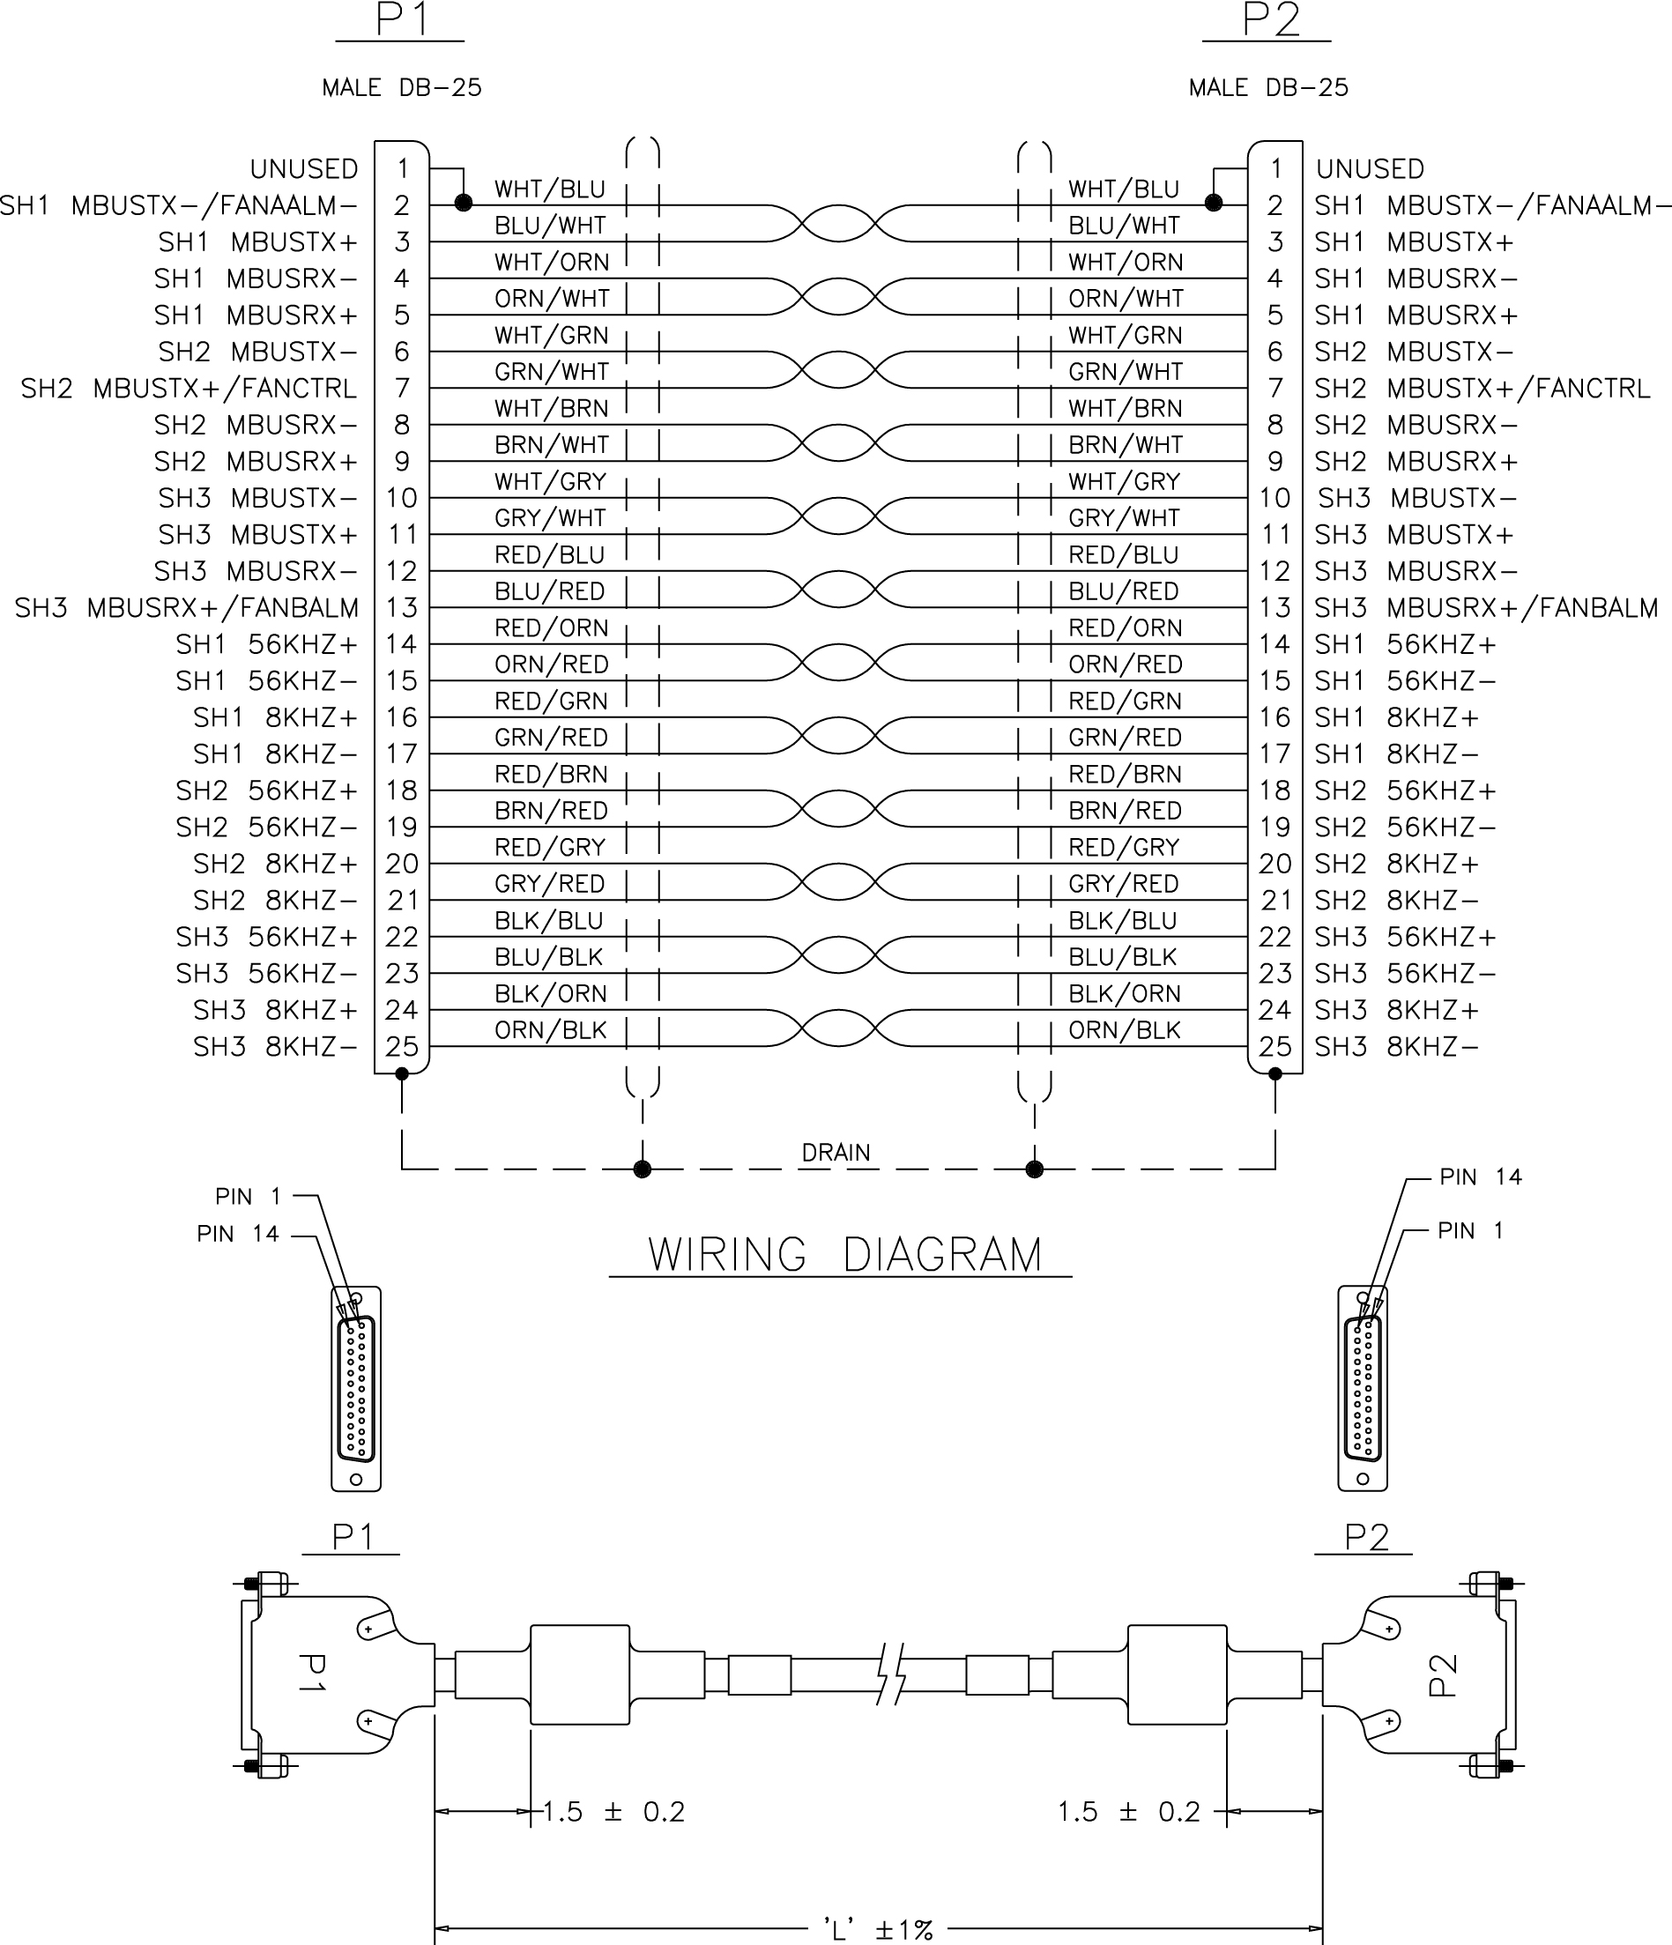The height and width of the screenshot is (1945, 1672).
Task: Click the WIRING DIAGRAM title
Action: pos(844,1255)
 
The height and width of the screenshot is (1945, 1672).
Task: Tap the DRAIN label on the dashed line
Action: pos(836,1152)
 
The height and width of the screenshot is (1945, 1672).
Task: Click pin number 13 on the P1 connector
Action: pos(402,607)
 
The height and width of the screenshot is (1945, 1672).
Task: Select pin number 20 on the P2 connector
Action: pos(1274,864)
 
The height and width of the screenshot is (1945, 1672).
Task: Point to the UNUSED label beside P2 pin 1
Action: pos(1370,169)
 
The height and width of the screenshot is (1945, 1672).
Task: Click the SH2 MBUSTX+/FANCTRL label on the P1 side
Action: pos(189,388)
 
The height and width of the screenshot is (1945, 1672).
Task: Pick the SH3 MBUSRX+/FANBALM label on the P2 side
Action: pos(1485,607)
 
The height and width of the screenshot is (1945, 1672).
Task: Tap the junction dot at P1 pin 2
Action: pos(463,203)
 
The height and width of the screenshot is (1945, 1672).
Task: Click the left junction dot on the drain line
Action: pos(643,1169)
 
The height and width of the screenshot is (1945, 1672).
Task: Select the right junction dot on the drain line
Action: pos(1035,1169)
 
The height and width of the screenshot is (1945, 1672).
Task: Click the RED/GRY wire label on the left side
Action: pos(550,848)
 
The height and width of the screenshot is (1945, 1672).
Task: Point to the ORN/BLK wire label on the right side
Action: pos(1124,1029)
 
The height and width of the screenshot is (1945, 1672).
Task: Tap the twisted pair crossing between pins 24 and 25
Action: pos(836,1028)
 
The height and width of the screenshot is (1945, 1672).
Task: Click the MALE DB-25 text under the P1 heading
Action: pos(402,88)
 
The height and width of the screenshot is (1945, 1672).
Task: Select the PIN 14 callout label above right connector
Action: pos(1481,1177)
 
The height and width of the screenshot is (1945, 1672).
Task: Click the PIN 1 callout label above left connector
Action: pos(248,1197)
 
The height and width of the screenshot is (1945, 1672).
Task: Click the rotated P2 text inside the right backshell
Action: pos(1442,1675)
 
